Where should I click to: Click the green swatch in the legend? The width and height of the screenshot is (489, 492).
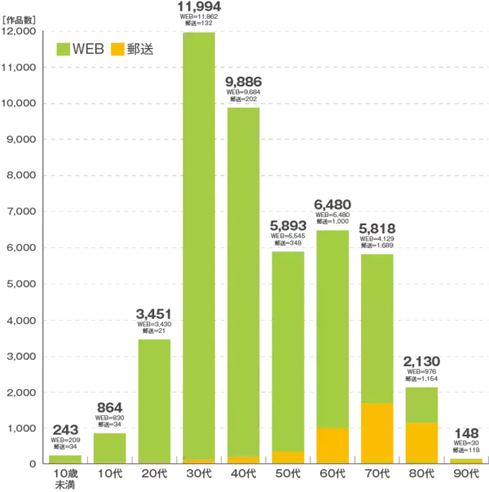coord(62,50)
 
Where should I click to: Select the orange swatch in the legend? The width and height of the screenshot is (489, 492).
coord(117,50)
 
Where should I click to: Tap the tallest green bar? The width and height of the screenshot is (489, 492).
coord(200,245)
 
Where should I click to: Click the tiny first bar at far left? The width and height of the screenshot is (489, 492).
coord(65,457)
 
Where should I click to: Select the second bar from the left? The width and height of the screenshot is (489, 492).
coord(110,446)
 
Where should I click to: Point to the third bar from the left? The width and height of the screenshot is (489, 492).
coord(156,400)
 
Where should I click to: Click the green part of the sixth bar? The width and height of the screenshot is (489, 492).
coord(288,350)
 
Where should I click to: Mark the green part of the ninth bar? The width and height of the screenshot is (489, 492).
coord(423,404)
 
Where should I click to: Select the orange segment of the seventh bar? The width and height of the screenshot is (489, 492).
coord(333,445)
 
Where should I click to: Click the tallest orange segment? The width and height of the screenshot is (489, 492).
coord(377,433)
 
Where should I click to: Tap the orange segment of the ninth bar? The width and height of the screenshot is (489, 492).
coord(423,443)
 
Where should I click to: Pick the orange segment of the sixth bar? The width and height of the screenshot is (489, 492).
coord(288,457)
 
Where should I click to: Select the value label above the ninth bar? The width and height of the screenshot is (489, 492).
coord(423,369)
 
